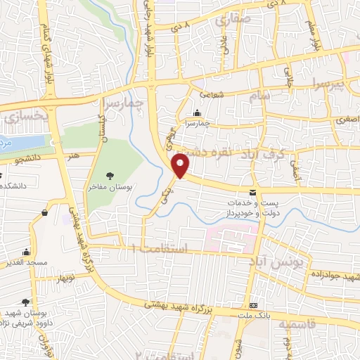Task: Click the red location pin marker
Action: [181, 166]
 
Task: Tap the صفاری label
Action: [234, 22]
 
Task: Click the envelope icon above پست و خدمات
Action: [253, 193]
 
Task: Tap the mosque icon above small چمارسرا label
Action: [197, 113]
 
